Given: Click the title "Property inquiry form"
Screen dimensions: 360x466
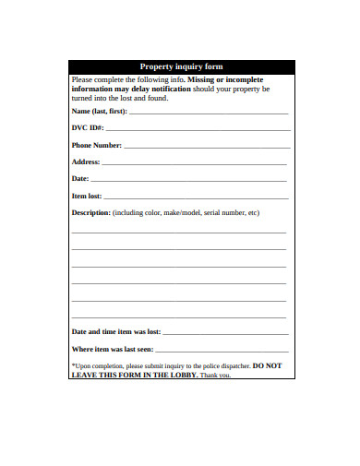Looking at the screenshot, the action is [x=181, y=66].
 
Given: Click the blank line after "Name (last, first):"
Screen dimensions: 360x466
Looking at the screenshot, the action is [x=208, y=113].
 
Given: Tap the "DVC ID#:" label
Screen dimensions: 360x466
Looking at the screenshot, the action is [x=88, y=128].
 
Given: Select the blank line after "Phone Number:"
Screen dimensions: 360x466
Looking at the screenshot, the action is [x=205, y=146].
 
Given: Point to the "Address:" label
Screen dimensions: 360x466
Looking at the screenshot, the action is [x=86, y=161].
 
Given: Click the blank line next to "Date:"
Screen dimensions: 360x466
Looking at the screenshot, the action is [x=189, y=179].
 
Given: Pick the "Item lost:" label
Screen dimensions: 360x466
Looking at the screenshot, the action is [x=87, y=196].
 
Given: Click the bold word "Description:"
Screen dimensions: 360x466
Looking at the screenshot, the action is [x=90, y=212].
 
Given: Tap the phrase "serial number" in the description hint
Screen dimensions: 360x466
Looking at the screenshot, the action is [x=224, y=212].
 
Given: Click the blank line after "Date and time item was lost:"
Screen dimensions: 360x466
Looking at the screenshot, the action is [x=225, y=332].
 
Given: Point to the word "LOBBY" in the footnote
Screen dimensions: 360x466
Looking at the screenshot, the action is [x=174, y=375].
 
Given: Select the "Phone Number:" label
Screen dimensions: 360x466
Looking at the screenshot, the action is [x=96, y=145].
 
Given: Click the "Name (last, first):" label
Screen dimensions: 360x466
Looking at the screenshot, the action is [x=100, y=112].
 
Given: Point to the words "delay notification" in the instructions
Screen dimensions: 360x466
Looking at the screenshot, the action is [x=155, y=89].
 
